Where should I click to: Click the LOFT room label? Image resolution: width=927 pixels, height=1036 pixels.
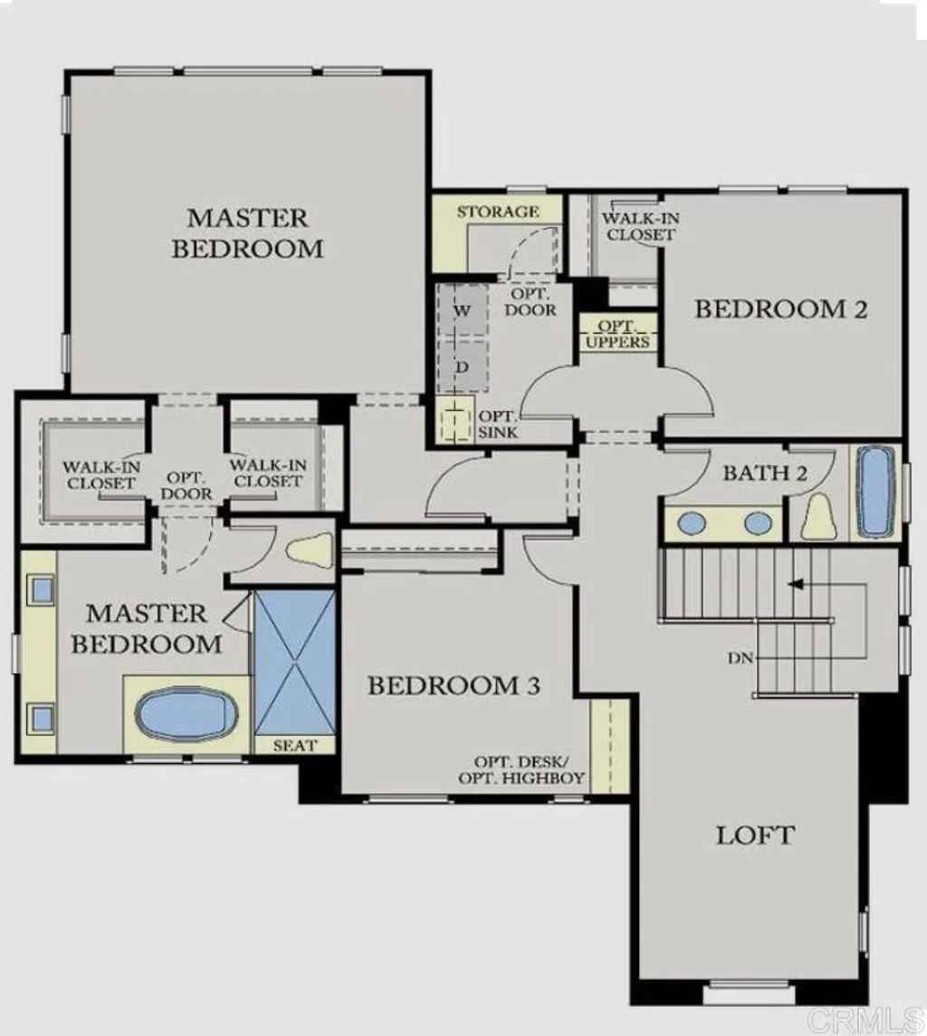click(755, 834)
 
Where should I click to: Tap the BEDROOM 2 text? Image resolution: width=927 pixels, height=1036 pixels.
click(780, 309)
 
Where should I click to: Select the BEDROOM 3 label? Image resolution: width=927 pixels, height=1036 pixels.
click(454, 686)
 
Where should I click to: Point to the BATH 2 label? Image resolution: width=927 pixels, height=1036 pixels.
click(764, 472)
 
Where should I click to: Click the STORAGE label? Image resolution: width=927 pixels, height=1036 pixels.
click(497, 212)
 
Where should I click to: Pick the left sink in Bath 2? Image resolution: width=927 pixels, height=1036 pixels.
click(693, 523)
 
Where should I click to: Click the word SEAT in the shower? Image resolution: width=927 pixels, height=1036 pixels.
click(295, 746)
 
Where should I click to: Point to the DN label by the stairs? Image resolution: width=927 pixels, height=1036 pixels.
click(740, 658)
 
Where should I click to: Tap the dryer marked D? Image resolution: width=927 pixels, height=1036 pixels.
click(462, 367)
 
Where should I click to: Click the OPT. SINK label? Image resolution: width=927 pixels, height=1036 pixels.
click(497, 424)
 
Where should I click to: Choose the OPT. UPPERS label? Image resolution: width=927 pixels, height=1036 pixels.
click(617, 334)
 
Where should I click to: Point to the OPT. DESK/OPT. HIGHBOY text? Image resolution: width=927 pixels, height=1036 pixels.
click(521, 770)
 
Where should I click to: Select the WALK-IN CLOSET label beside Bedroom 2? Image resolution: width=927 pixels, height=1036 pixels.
click(640, 226)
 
